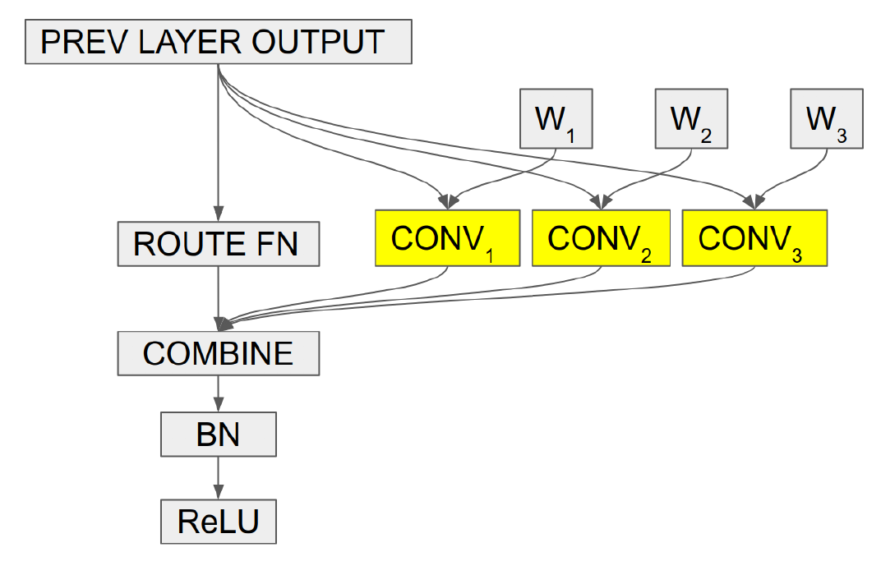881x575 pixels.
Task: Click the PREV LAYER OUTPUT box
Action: tap(219, 42)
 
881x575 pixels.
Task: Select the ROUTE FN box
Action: tap(219, 244)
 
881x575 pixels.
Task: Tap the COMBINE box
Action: tap(219, 353)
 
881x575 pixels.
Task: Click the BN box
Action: tap(219, 434)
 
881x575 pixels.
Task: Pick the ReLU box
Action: tap(219, 522)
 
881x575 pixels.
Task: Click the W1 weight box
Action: tap(556, 118)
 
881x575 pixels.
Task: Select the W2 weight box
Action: tap(692, 118)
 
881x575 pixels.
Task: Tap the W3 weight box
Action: tap(827, 118)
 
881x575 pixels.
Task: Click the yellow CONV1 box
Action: tap(448, 238)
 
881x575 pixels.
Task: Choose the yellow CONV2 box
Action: tap(602, 238)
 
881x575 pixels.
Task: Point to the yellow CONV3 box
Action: tap(754, 238)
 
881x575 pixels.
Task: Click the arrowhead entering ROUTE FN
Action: tap(219, 214)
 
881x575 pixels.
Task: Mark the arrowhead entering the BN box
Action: tap(219, 405)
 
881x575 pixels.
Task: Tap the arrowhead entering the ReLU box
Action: tap(219, 492)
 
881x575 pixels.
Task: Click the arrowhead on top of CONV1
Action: tap(448, 202)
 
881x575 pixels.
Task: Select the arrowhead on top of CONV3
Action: tap(754, 202)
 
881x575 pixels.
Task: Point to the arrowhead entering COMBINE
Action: tap(223, 324)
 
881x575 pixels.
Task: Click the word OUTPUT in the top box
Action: tap(318, 42)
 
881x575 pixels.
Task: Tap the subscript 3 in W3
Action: tap(842, 136)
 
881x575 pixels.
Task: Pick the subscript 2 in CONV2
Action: tap(646, 256)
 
